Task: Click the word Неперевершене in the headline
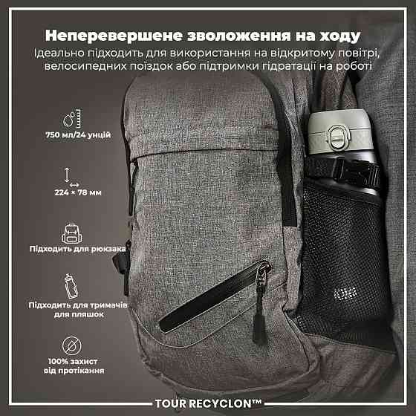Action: tap(114, 36)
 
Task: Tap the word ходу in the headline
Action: tap(339, 36)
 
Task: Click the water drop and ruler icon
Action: tap(72, 118)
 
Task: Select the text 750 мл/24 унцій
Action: tap(78, 134)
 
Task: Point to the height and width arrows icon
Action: tap(71, 177)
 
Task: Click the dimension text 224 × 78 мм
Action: tap(78, 192)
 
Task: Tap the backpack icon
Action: tap(71, 233)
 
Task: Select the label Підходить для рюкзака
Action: tap(77, 249)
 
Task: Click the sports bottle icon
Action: tap(71, 286)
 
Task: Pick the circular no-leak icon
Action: tap(72, 345)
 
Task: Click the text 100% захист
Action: tap(73, 361)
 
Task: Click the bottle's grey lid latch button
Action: tap(339, 137)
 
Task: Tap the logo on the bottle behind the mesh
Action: tap(345, 294)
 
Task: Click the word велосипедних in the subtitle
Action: tap(85, 66)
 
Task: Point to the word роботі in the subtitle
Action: tap(354, 66)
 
